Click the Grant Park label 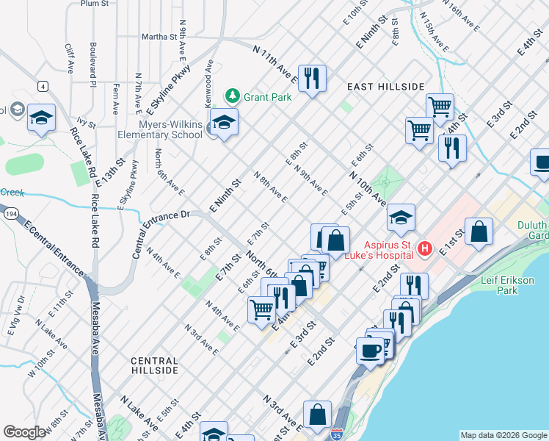click(268, 97)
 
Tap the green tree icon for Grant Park click(233, 96)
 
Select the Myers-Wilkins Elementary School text click(161, 129)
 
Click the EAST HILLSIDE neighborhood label click(385, 87)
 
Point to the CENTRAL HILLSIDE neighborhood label click(154, 365)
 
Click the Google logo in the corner click(24, 432)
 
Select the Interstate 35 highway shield click(337, 434)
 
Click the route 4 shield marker click(43, 87)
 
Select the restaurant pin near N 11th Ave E click(312, 78)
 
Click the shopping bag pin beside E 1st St click(479, 232)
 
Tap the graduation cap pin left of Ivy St click(41, 118)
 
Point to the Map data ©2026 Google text click(503, 435)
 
